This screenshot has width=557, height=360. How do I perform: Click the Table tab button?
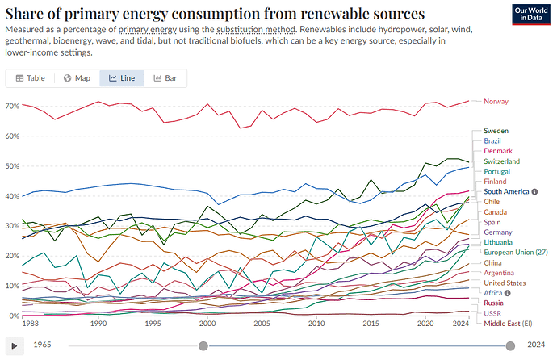pos(31,78)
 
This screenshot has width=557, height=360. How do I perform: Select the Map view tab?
pos(77,78)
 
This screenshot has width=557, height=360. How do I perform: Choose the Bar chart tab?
pos(165,78)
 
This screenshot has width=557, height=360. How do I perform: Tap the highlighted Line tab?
pos(122,78)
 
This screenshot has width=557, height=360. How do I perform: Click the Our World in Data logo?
pos(531,15)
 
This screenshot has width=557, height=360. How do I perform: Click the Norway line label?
pos(496,102)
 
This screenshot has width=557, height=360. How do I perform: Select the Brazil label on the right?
pos(492,141)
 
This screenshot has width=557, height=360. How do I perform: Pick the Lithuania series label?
pos(498,242)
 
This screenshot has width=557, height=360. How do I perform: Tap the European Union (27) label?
pos(516,253)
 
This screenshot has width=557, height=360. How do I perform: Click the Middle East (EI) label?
pos(508,324)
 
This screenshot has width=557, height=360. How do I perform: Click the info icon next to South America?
pos(534,192)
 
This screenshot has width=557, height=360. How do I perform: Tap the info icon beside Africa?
pos(508,293)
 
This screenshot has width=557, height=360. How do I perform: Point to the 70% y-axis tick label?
pos(12,106)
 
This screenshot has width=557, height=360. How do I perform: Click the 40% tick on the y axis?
pos(12,196)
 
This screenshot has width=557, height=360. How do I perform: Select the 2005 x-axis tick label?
pos(262,324)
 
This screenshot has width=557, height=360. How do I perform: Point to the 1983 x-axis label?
pos(30,324)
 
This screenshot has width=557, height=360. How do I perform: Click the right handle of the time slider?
pos(510,345)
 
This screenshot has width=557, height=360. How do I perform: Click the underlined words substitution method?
pos(256,29)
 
